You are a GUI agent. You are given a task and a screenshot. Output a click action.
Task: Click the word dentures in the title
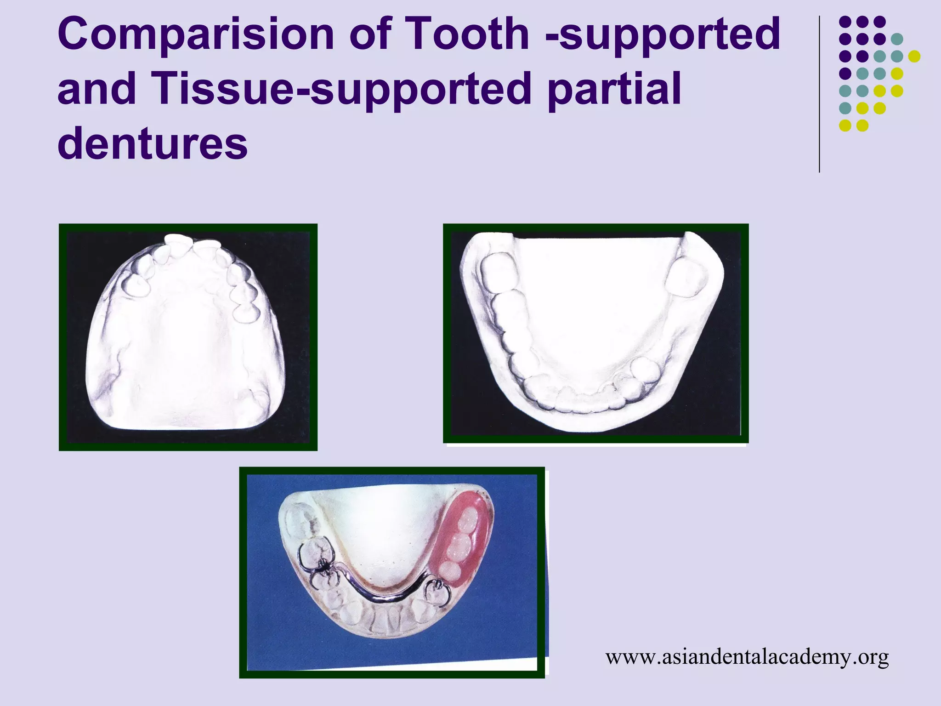pyautogui.click(x=153, y=144)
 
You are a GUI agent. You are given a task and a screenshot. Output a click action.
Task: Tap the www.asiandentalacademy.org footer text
pyautogui.click(x=747, y=657)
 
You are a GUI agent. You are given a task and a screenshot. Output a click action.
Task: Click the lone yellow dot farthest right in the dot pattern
pyautogui.click(x=914, y=56)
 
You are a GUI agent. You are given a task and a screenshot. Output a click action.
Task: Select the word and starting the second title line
pyautogui.click(x=97, y=90)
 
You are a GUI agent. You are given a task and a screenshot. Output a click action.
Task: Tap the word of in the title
pyautogui.click(x=370, y=34)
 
